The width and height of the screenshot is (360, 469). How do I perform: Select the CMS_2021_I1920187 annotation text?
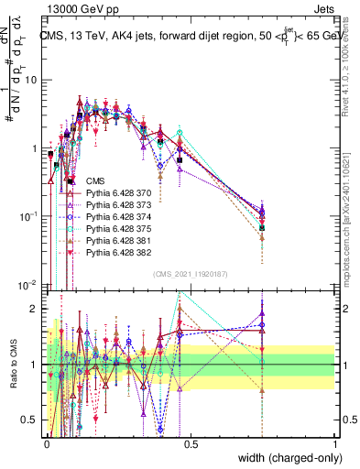click(x=191, y=274)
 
